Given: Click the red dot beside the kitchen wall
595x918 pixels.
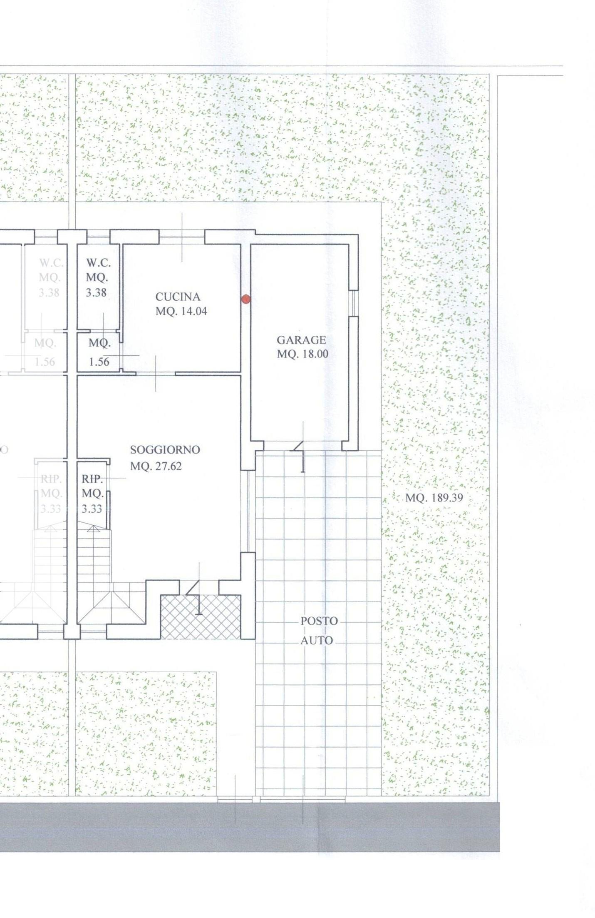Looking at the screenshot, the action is tap(245, 299).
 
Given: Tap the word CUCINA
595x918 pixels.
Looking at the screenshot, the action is tap(178, 297).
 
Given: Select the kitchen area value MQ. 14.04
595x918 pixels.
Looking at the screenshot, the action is tap(181, 311).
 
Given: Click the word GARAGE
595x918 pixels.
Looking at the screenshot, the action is tap(301, 340).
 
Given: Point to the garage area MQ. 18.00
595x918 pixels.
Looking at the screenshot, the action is tap(302, 354).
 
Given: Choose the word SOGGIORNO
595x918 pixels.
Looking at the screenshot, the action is tap(165, 450).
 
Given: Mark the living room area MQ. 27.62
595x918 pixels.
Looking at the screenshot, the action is tap(156, 466).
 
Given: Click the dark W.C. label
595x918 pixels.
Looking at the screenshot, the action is tap(98, 263).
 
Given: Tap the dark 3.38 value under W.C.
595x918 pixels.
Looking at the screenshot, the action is tap(96, 293).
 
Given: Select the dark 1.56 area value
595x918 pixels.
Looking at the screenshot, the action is tap(99, 362).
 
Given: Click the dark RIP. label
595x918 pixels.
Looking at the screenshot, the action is tap(92, 479).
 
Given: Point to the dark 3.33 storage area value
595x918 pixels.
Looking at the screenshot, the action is tap(92, 509).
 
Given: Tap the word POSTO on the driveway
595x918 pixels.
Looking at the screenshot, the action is tap(319, 621).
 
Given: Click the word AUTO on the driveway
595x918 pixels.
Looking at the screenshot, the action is tap(317, 641).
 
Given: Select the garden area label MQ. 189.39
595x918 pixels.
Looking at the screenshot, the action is tap(434, 498).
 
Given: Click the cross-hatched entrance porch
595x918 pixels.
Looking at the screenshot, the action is tap(201, 617).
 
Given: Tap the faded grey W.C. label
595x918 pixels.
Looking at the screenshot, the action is tap(51, 263).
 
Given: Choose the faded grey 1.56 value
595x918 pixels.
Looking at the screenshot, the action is tap(45, 362).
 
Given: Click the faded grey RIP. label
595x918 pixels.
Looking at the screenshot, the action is tap(51, 479).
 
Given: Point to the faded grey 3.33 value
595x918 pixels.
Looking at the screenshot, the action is tap(51, 509).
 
